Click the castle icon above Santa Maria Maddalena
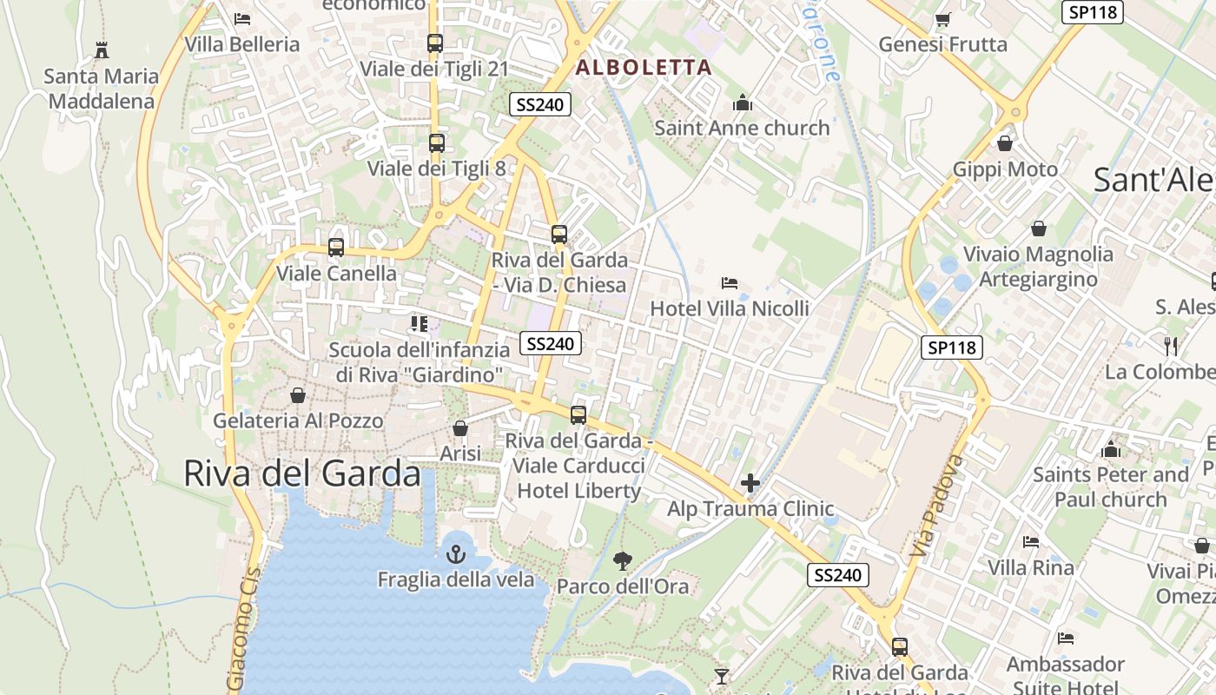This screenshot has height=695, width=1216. tap(102, 50)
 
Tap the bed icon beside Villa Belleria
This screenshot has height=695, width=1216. tap(242, 18)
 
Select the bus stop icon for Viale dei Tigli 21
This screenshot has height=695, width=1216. tap(435, 43)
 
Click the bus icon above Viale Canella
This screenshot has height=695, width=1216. tap(336, 248)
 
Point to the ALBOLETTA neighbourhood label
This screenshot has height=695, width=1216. tap(644, 67)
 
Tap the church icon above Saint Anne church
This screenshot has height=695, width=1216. tap(743, 103)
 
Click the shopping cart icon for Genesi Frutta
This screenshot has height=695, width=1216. tap(942, 19)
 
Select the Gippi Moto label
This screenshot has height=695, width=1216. tap(1005, 169)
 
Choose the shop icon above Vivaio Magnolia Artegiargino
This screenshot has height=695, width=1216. tap(1038, 228)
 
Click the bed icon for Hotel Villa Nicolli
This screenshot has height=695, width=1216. tap(730, 283)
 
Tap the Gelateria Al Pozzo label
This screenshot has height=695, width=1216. tap(298, 421)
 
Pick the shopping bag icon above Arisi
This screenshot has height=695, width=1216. tap(460, 428)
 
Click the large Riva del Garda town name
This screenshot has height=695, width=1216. tap(302, 473)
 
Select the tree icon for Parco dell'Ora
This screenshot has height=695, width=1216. tap(623, 560)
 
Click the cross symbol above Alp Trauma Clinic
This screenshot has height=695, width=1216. tap(750, 483)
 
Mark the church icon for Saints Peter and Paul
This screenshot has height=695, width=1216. tap(1110, 449)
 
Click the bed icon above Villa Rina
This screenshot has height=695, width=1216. tap(1031, 542)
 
